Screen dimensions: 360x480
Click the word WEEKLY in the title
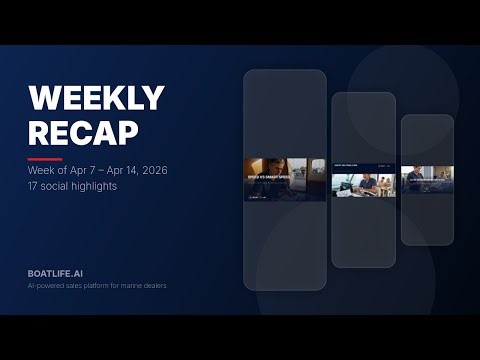(x=96, y=98)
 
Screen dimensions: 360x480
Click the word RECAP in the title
(x=85, y=131)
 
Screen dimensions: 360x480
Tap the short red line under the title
(x=45, y=159)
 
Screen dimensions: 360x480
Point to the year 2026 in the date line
(x=152, y=171)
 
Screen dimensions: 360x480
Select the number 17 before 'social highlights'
(x=34, y=187)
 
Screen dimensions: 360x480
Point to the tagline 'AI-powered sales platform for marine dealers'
(x=97, y=287)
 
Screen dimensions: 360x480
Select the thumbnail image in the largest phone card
(x=285, y=179)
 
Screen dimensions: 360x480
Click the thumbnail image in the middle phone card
(x=363, y=182)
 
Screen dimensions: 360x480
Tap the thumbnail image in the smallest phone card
(x=427, y=180)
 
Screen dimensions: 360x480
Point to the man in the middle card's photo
(x=368, y=183)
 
